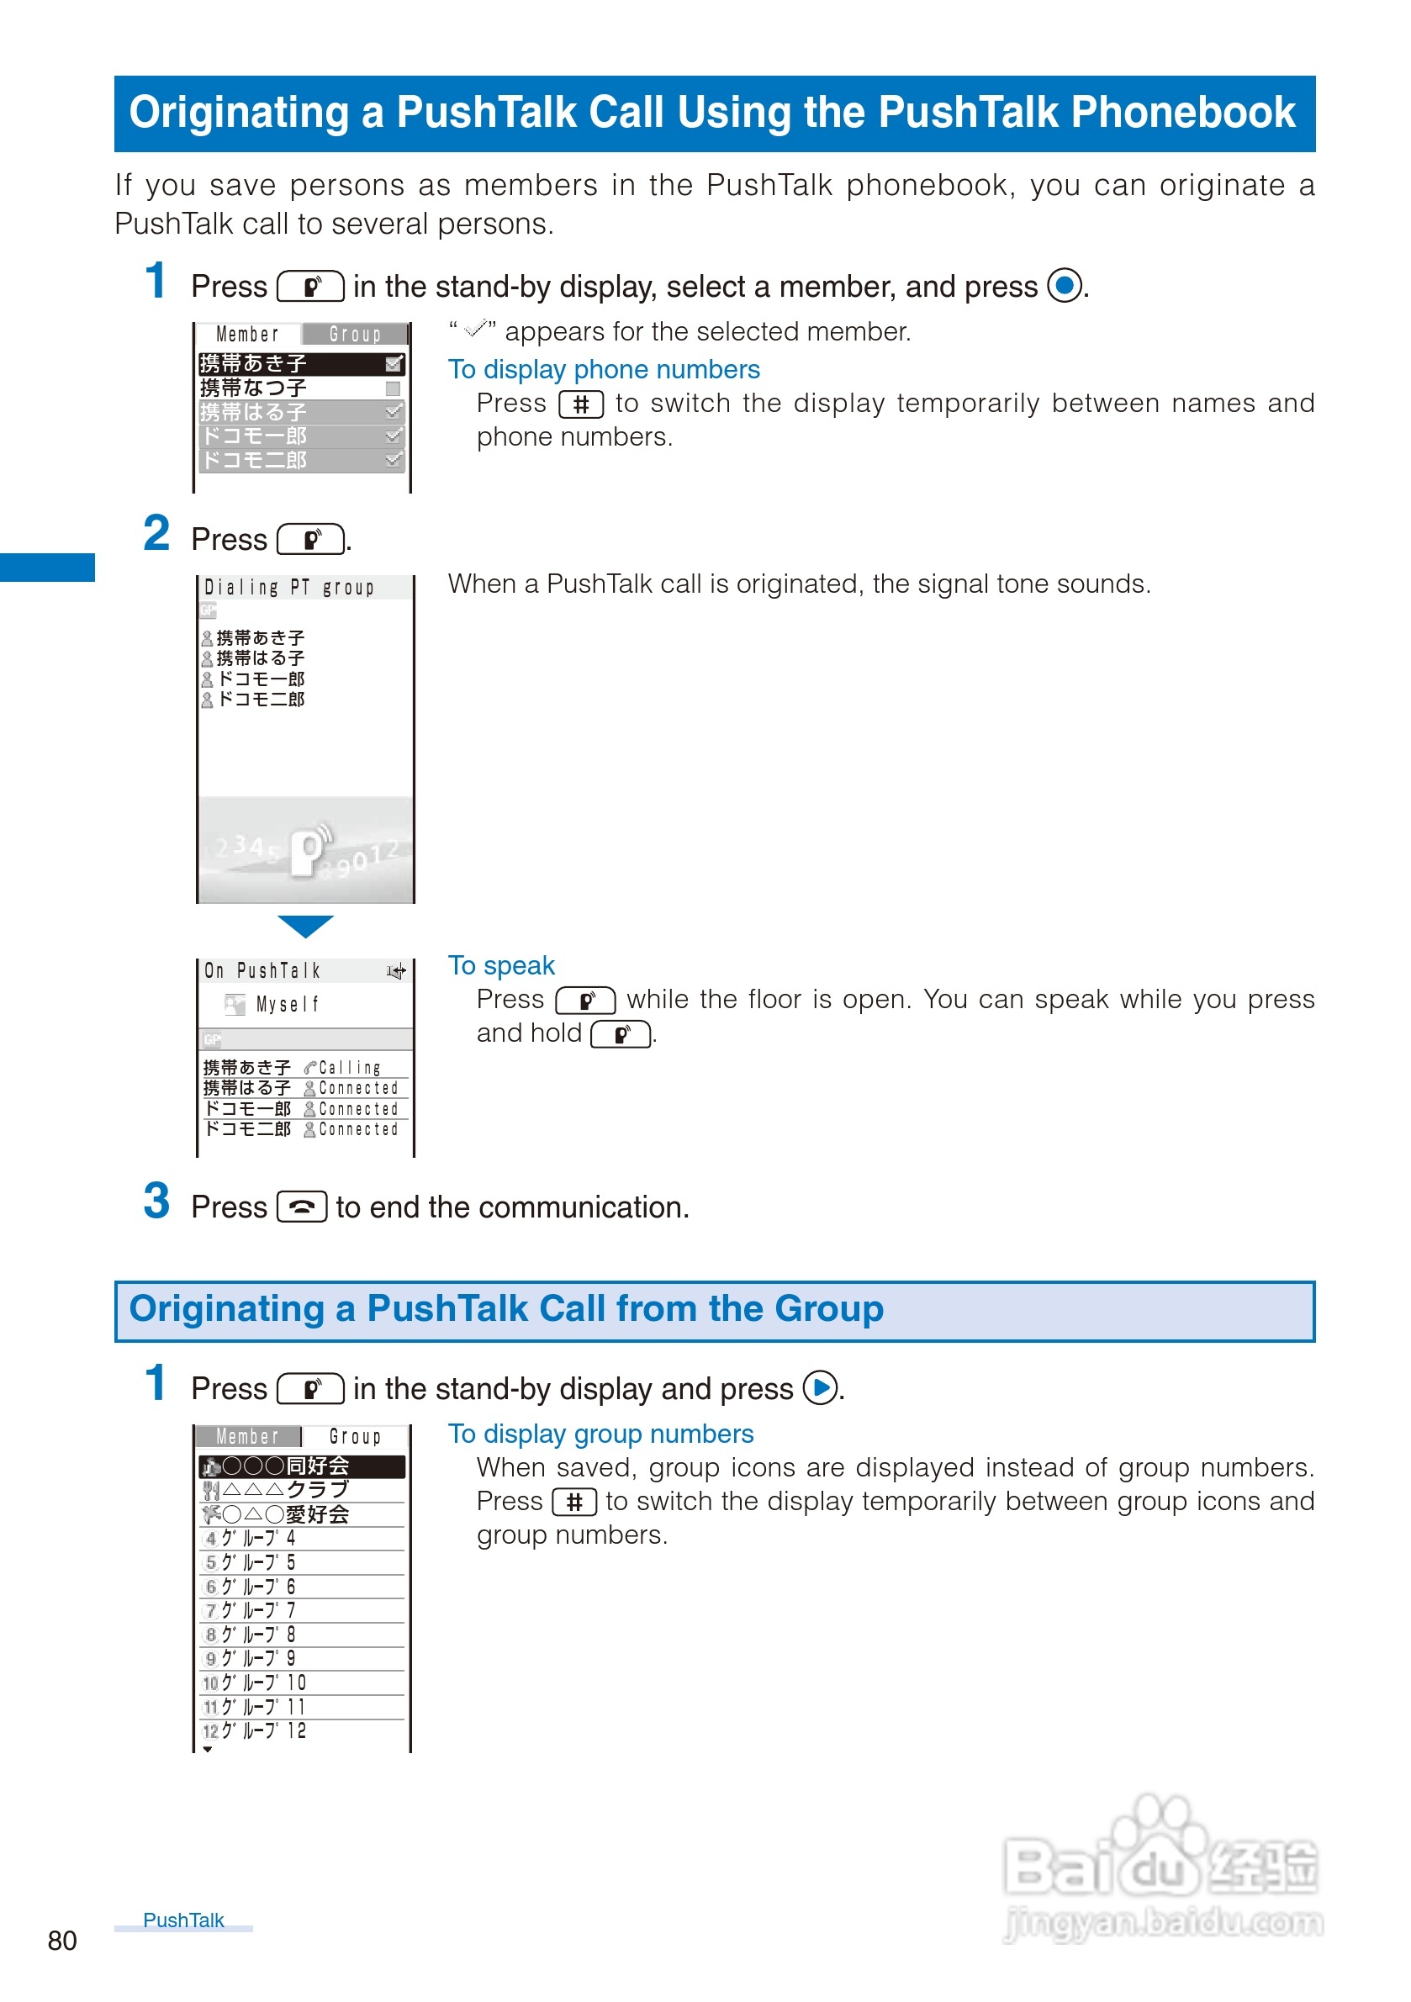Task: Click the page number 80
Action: (62, 1940)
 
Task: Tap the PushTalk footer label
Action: (183, 1920)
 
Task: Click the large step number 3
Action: (157, 1201)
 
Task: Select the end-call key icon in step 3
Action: (302, 1207)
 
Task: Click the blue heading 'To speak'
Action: (501, 965)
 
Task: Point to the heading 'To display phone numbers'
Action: (604, 370)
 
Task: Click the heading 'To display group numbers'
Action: (601, 1434)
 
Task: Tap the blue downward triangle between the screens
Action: (305, 925)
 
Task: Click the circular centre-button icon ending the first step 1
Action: (1064, 285)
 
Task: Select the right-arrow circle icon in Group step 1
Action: (820, 1387)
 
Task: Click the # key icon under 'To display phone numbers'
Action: (581, 404)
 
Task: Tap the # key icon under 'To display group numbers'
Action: (573, 1502)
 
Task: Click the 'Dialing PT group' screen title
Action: (288, 588)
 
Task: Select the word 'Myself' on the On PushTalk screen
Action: (288, 1005)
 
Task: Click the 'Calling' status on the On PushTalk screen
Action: (350, 1067)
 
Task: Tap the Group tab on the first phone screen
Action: (355, 334)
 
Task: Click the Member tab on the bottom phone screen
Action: (248, 1436)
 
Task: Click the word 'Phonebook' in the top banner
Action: (1183, 113)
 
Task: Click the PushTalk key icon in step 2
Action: (311, 540)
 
